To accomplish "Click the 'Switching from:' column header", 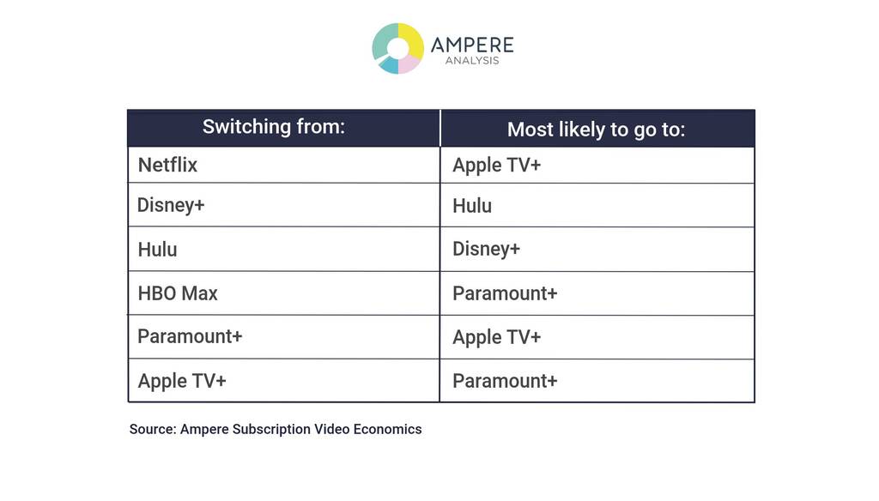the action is [x=274, y=127].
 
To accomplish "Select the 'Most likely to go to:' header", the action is [x=597, y=130].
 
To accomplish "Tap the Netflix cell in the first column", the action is [x=167, y=165].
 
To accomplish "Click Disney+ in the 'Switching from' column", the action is [x=171, y=205].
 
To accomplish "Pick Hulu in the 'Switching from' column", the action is [x=158, y=250].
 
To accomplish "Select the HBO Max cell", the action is [x=178, y=293].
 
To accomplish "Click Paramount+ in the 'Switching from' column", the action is [x=190, y=336].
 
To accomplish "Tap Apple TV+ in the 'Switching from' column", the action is [x=182, y=381].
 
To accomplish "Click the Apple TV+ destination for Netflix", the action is [x=497, y=166].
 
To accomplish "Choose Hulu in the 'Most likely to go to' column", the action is [x=472, y=206].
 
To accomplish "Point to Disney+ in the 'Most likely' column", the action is [x=487, y=249].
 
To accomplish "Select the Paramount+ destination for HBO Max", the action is [x=505, y=293].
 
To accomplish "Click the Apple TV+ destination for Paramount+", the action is [x=497, y=337].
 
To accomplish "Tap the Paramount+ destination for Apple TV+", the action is [x=505, y=381].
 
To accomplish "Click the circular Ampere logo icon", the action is [x=398, y=48].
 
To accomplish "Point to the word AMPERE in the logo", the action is [x=472, y=45].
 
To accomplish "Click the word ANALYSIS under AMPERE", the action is [x=472, y=61].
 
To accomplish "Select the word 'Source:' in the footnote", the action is [x=153, y=429].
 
